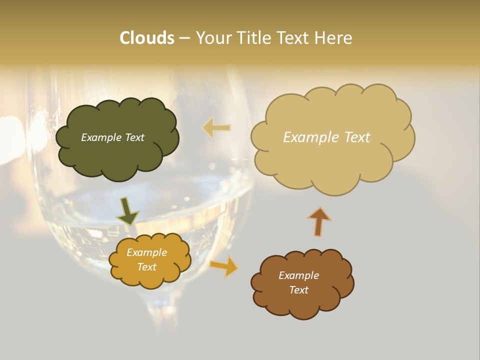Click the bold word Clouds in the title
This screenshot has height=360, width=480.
147,38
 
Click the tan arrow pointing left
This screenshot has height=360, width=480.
216,128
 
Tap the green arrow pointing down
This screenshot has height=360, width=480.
127,210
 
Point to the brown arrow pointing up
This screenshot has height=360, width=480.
319,221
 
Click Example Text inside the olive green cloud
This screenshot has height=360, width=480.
113,137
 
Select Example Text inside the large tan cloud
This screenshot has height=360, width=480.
326,137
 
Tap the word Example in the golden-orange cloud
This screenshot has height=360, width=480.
147,253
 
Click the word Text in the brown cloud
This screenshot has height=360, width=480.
298,290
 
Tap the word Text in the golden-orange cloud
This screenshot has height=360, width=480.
147,267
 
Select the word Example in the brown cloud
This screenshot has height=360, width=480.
298,275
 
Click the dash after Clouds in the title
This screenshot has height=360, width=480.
184,38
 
